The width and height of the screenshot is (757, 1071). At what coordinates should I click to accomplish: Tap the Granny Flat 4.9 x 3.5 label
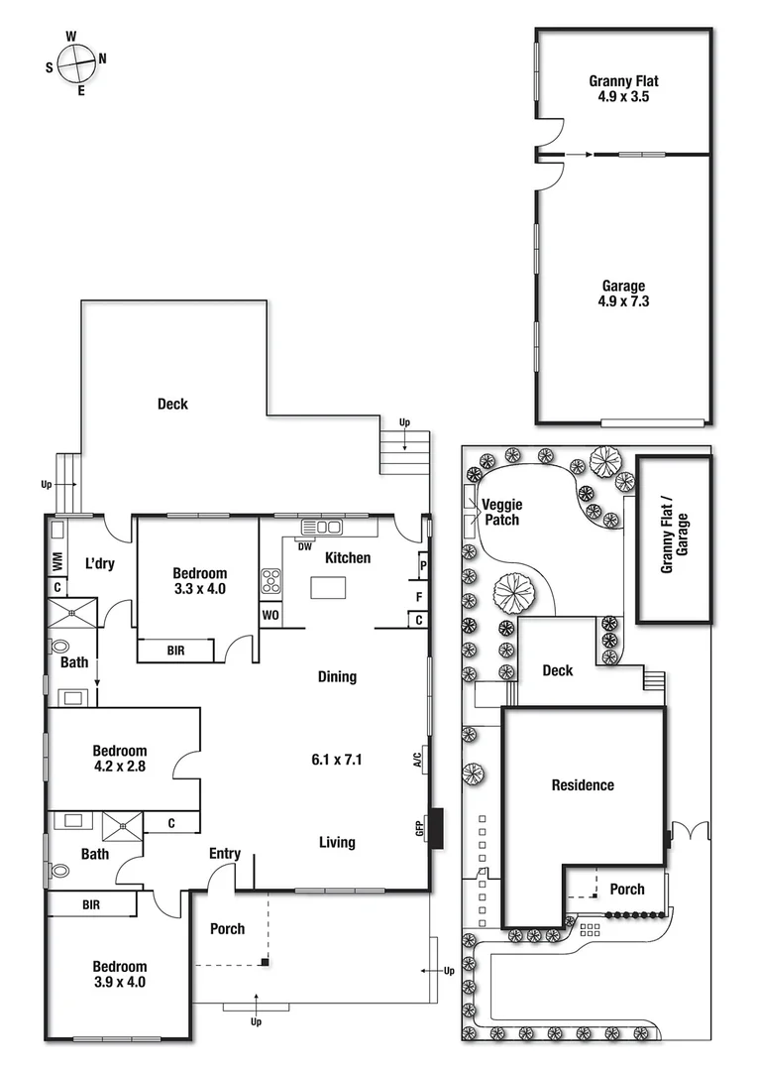[623, 89]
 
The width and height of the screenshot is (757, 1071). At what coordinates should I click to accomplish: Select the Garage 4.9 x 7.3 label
[623, 294]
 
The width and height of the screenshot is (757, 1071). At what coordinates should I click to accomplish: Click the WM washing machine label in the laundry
[57, 562]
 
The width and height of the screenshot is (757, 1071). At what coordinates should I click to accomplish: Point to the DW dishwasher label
[305, 545]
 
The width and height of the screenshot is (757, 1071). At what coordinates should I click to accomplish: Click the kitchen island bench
[330, 588]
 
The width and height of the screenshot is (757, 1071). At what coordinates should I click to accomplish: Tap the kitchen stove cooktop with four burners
[270, 581]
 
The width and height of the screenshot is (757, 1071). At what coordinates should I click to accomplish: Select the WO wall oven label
[270, 615]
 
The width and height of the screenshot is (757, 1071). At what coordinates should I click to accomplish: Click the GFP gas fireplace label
[420, 826]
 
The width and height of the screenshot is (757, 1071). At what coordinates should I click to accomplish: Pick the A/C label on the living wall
[419, 760]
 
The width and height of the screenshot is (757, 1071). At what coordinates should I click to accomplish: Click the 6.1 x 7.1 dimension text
[337, 761]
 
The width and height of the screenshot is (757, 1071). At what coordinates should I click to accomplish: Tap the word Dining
[337, 677]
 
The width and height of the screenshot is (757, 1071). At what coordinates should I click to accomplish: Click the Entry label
[225, 854]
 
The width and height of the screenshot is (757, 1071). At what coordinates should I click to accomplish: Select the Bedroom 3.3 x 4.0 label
[199, 581]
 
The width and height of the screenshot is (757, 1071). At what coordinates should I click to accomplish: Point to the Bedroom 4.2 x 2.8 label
[119, 759]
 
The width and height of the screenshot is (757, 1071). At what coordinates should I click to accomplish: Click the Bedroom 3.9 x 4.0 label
[119, 975]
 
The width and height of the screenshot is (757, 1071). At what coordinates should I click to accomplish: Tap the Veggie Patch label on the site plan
[500, 512]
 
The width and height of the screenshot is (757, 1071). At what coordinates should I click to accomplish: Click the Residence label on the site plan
[583, 785]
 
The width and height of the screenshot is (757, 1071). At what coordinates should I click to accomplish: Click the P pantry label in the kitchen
[423, 566]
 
